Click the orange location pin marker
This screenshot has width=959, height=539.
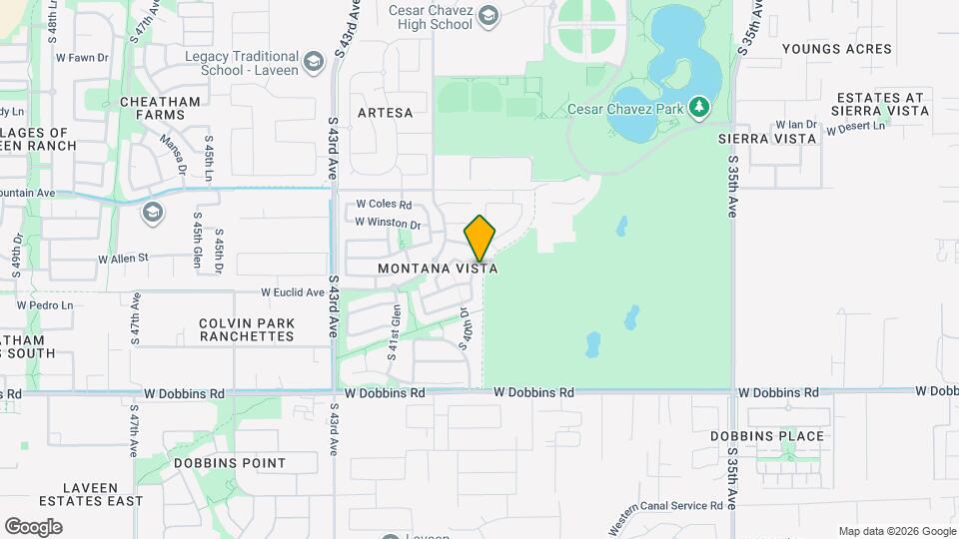pyautogui.click(x=480, y=239)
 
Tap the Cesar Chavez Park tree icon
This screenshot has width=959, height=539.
pyautogui.click(x=700, y=106)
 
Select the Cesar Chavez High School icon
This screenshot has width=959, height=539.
pyautogui.click(x=488, y=14)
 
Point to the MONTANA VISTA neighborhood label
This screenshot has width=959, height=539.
pyautogui.click(x=438, y=269)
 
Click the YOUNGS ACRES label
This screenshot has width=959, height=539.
pyautogui.click(x=836, y=48)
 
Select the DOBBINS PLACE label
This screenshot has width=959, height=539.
pyautogui.click(x=767, y=436)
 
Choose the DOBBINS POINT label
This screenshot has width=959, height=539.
pyautogui.click(x=230, y=463)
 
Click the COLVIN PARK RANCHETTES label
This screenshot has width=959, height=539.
pyautogui.click(x=247, y=329)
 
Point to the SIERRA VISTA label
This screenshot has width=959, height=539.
pyautogui.click(x=767, y=139)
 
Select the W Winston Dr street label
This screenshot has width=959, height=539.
pyautogui.click(x=389, y=224)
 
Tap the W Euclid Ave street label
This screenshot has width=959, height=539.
pyautogui.click(x=293, y=292)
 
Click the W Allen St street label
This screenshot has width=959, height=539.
pyautogui.click(x=123, y=258)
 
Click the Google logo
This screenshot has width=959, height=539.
pyautogui.click(x=33, y=526)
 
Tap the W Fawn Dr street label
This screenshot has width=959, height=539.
pyautogui.click(x=82, y=58)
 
